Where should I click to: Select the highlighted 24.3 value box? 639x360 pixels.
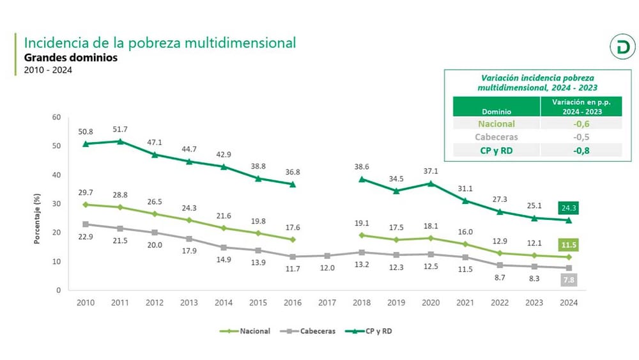(568, 208)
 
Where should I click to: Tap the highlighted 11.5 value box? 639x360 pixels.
(568, 244)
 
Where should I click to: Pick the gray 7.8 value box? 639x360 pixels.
(568, 280)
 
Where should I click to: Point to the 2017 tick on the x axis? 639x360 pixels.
(327, 304)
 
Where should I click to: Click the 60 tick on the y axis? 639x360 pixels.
(56, 117)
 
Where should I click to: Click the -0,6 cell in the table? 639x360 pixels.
(580, 124)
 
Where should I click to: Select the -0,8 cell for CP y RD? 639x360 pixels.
(580, 150)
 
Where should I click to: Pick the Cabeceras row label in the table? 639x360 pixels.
(497, 137)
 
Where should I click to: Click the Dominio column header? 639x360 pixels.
(497, 111)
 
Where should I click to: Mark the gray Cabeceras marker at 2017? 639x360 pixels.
(327, 256)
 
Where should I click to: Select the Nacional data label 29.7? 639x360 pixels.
(85, 193)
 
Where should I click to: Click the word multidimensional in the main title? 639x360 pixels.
(239, 43)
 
